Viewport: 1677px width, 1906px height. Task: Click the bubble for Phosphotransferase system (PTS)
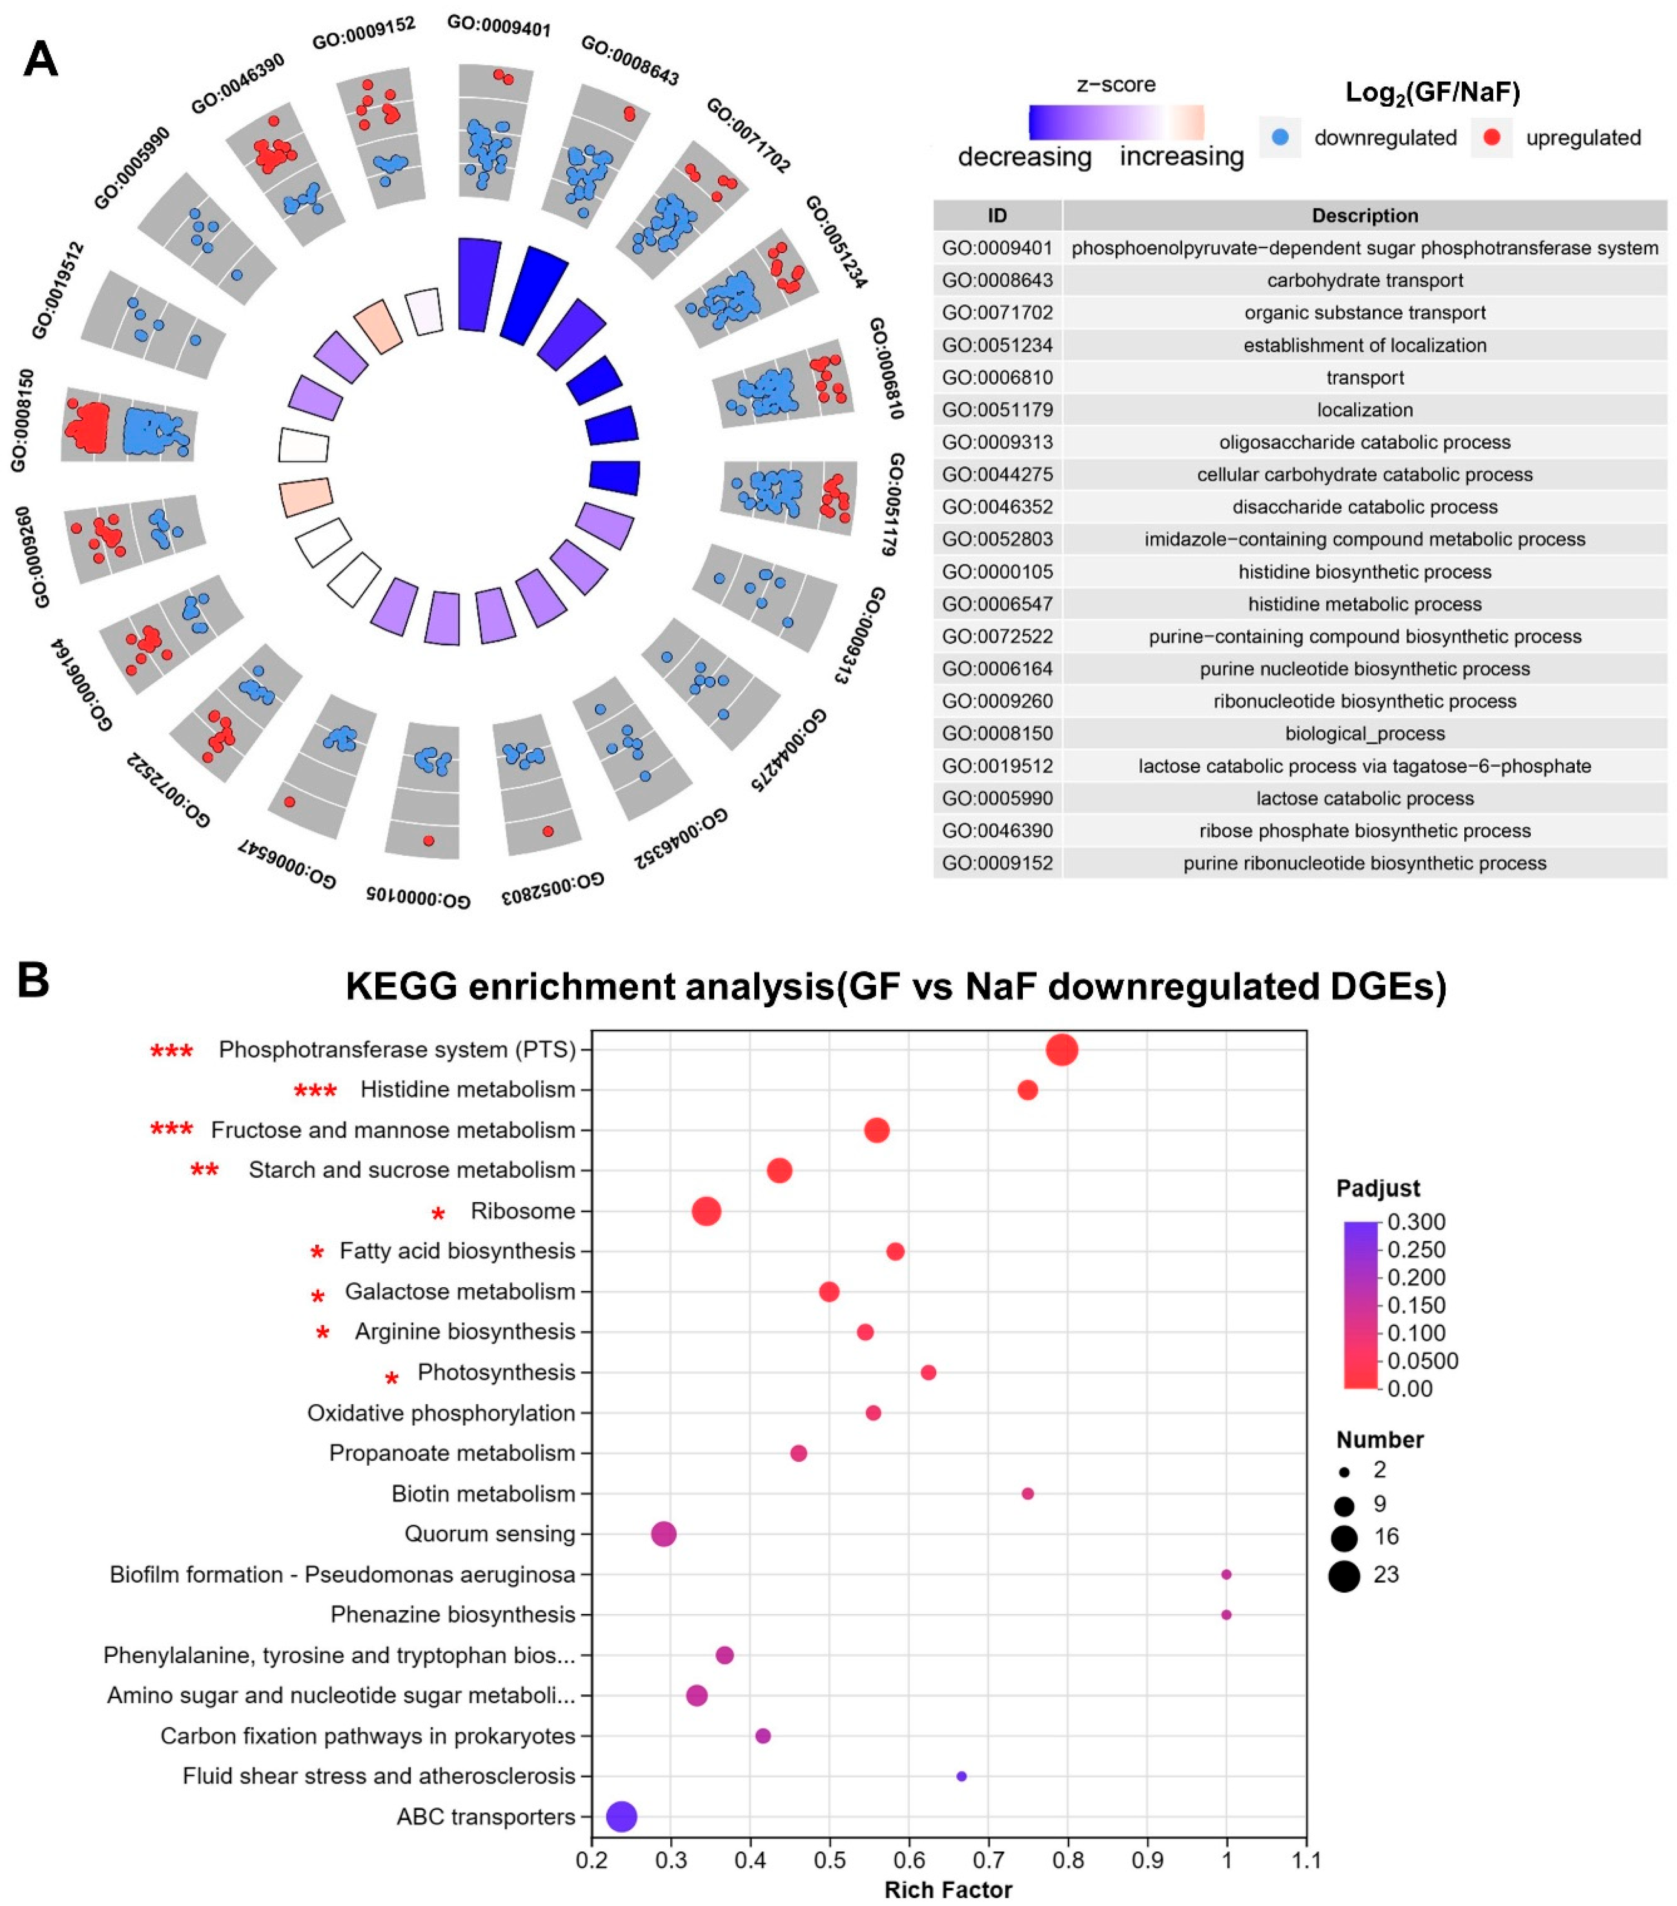pyautogui.click(x=1061, y=1050)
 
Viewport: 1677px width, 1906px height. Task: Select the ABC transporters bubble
pyautogui.click(x=622, y=1817)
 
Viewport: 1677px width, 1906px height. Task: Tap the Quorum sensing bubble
pyautogui.click(x=663, y=1534)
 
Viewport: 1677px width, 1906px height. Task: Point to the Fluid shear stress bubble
pyautogui.click(x=962, y=1776)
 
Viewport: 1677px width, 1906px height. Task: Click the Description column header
pyautogui.click(x=1365, y=216)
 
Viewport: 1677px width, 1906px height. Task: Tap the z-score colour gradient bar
pyautogui.click(x=1116, y=122)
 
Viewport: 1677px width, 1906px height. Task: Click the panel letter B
pyautogui.click(x=34, y=981)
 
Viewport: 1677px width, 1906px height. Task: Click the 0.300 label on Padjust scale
pyautogui.click(x=1416, y=1222)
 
